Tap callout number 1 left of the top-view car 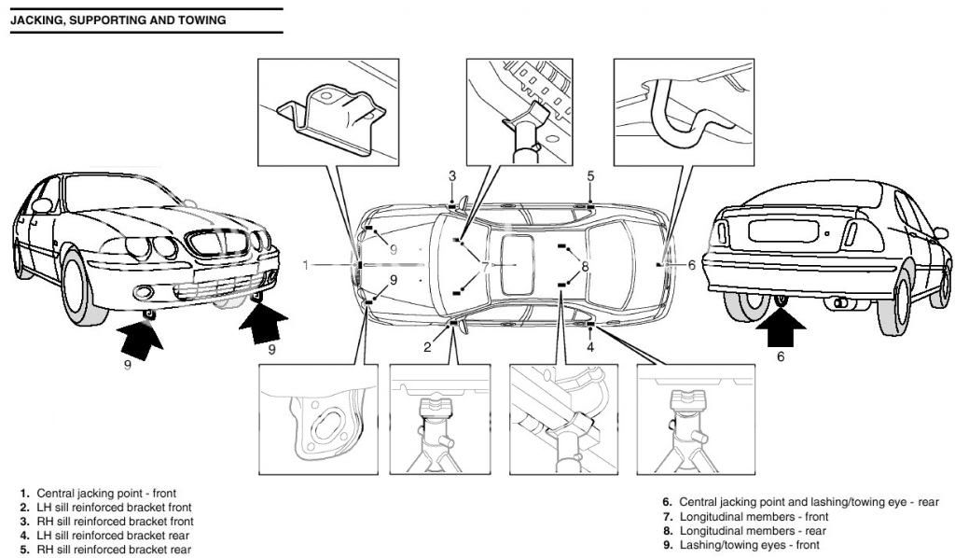[305, 265]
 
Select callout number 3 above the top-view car [451, 175]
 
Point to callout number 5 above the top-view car [590, 175]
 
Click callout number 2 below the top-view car [427, 347]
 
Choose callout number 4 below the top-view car [589, 347]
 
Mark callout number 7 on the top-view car [485, 266]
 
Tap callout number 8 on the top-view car [585, 267]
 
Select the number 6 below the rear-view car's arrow [781, 356]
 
